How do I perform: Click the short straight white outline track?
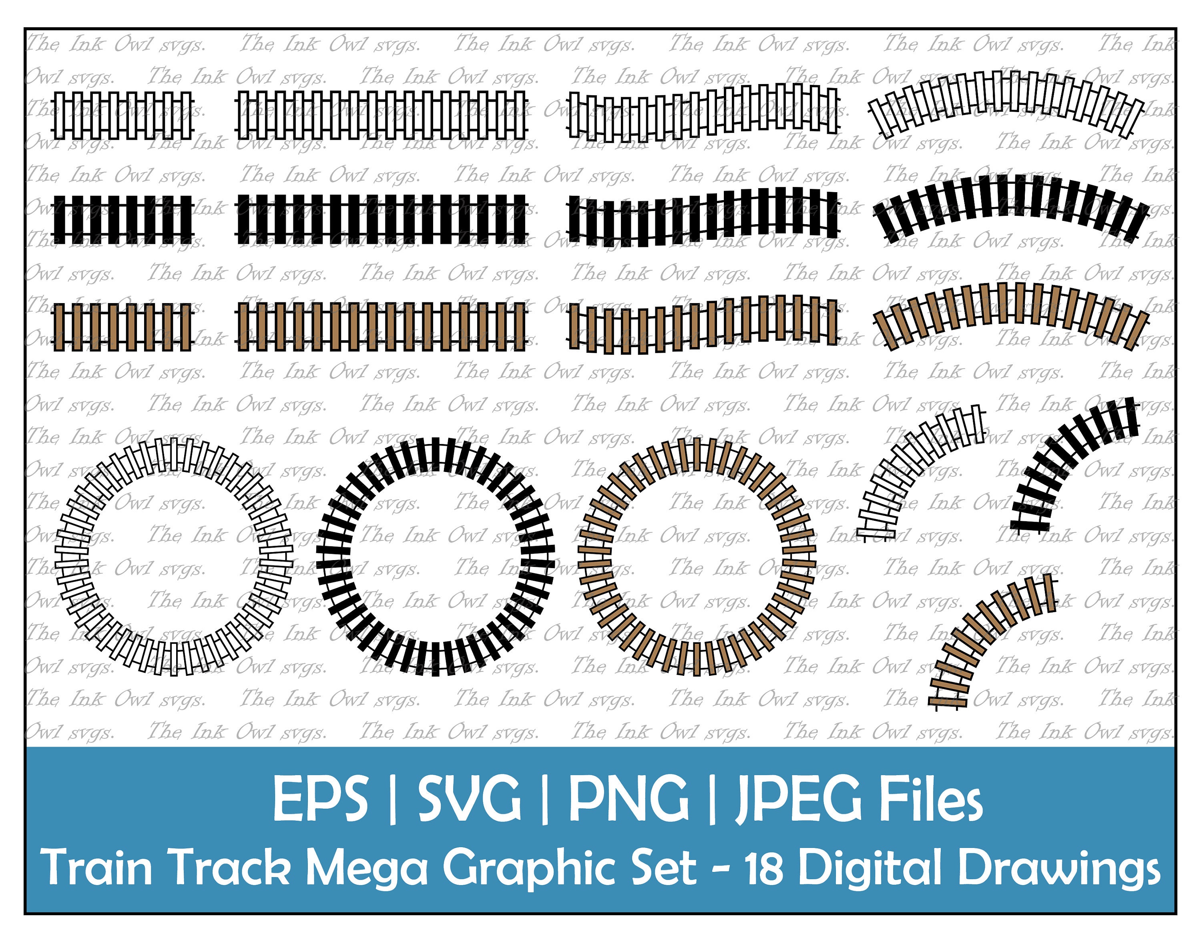pos(123,115)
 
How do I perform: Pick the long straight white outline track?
pos(382,115)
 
